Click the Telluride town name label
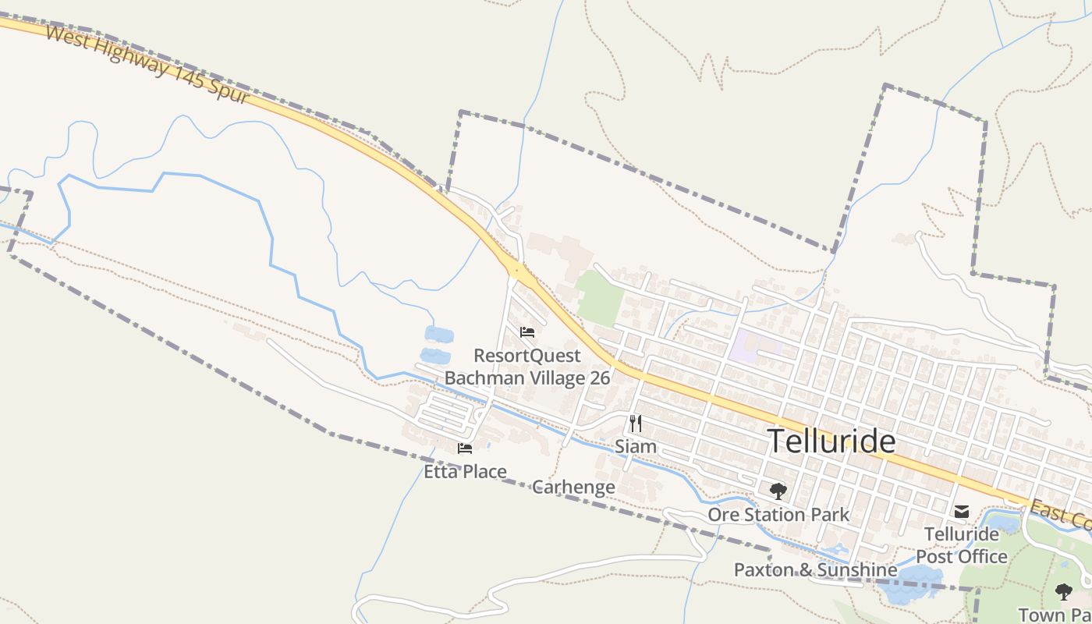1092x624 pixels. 831,441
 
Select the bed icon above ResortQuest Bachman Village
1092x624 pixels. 527,332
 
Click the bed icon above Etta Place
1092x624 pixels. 465,448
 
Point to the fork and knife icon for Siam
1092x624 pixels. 636,424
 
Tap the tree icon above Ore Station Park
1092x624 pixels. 778,491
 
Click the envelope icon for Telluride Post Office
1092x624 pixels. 962,512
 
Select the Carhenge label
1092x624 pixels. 573,487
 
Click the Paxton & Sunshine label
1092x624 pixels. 815,570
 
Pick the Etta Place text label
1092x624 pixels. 465,472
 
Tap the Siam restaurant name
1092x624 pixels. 635,447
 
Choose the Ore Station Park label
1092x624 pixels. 778,515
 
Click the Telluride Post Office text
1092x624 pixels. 962,545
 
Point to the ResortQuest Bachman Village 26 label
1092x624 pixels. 527,367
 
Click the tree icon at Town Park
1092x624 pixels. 1063,591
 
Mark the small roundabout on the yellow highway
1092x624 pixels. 517,270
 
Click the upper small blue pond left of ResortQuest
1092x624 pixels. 439,335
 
